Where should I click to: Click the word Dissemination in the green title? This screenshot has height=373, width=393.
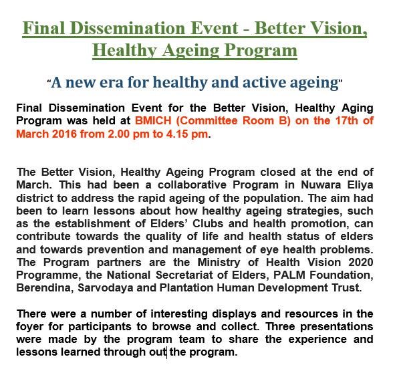pyautogui.click(x=128, y=28)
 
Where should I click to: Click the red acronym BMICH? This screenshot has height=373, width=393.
pyautogui.click(x=153, y=121)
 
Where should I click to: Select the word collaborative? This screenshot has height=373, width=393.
pyautogui.click(x=192, y=185)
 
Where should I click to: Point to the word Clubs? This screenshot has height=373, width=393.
pyautogui.click(x=208, y=223)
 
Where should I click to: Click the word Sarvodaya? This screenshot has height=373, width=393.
pyautogui.click(x=106, y=288)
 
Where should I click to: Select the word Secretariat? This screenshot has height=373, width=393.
pyautogui.click(x=184, y=275)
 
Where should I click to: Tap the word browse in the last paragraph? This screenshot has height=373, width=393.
pyautogui.click(x=171, y=327)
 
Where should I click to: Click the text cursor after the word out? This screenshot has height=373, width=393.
pyautogui.click(x=167, y=352)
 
